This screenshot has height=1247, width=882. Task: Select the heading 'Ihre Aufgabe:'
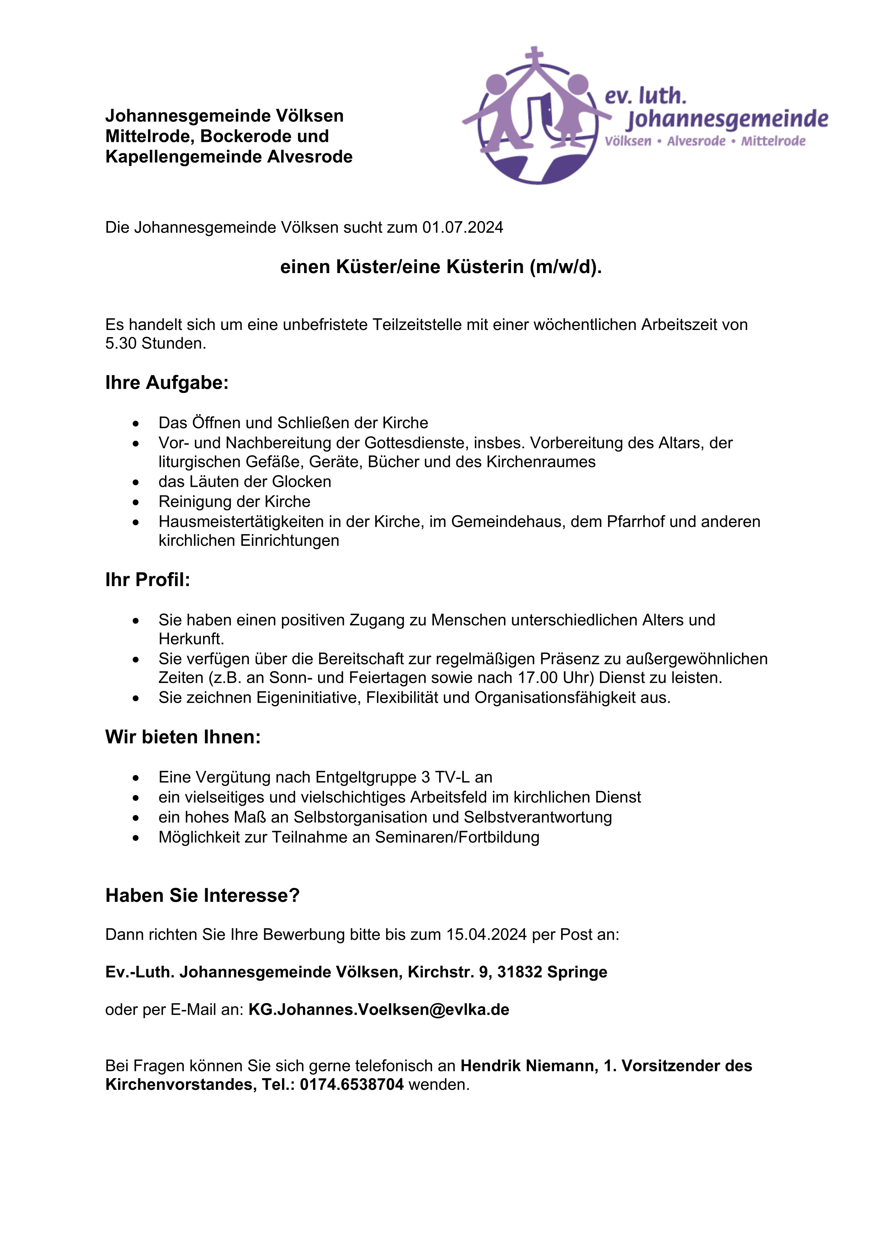[x=167, y=383]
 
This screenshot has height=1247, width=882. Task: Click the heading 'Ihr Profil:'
[x=148, y=580]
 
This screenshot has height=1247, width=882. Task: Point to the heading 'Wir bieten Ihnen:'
[x=183, y=737]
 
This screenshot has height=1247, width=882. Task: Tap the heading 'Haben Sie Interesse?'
[x=203, y=896]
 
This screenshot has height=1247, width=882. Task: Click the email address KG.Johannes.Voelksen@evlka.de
[x=378, y=1010]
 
